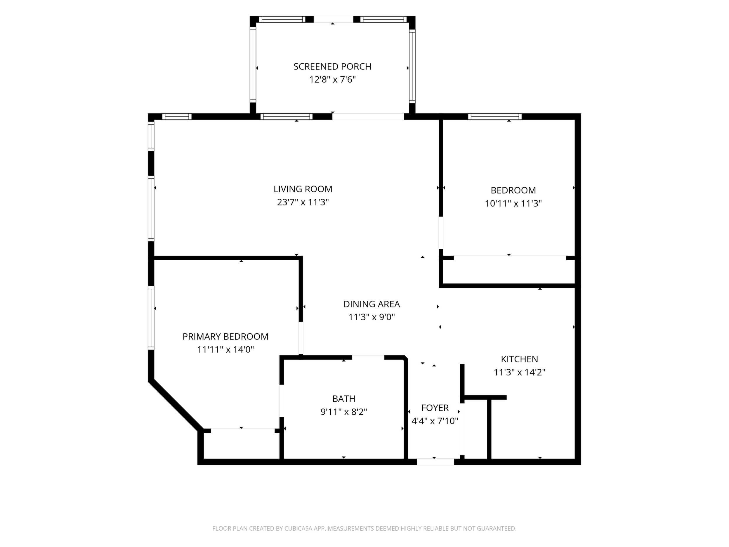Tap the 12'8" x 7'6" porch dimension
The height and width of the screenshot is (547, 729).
click(x=333, y=80)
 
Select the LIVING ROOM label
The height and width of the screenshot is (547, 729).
click(x=303, y=189)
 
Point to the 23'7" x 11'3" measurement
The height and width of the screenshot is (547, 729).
click(x=303, y=202)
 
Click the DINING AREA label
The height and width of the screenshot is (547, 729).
click(x=372, y=304)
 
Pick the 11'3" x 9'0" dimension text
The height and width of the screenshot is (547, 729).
click(x=372, y=317)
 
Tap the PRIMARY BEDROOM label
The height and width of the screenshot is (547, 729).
click(x=225, y=337)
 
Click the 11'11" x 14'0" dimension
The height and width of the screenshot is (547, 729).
click(x=225, y=349)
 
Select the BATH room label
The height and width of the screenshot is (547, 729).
click(x=344, y=399)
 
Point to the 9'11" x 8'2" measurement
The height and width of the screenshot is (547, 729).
click(x=344, y=412)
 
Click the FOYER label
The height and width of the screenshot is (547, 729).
click(x=435, y=408)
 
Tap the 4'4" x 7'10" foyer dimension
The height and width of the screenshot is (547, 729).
click(x=435, y=421)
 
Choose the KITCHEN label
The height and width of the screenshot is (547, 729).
click(x=519, y=359)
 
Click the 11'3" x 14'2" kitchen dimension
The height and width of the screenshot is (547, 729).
click(x=519, y=372)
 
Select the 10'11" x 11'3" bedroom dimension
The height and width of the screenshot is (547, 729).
click(x=513, y=203)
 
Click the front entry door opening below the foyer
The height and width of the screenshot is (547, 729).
click(x=435, y=462)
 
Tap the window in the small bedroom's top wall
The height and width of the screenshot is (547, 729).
click(x=495, y=116)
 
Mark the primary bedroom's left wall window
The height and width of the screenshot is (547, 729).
click(x=151, y=318)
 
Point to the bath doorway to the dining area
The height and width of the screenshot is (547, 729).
click(x=368, y=357)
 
